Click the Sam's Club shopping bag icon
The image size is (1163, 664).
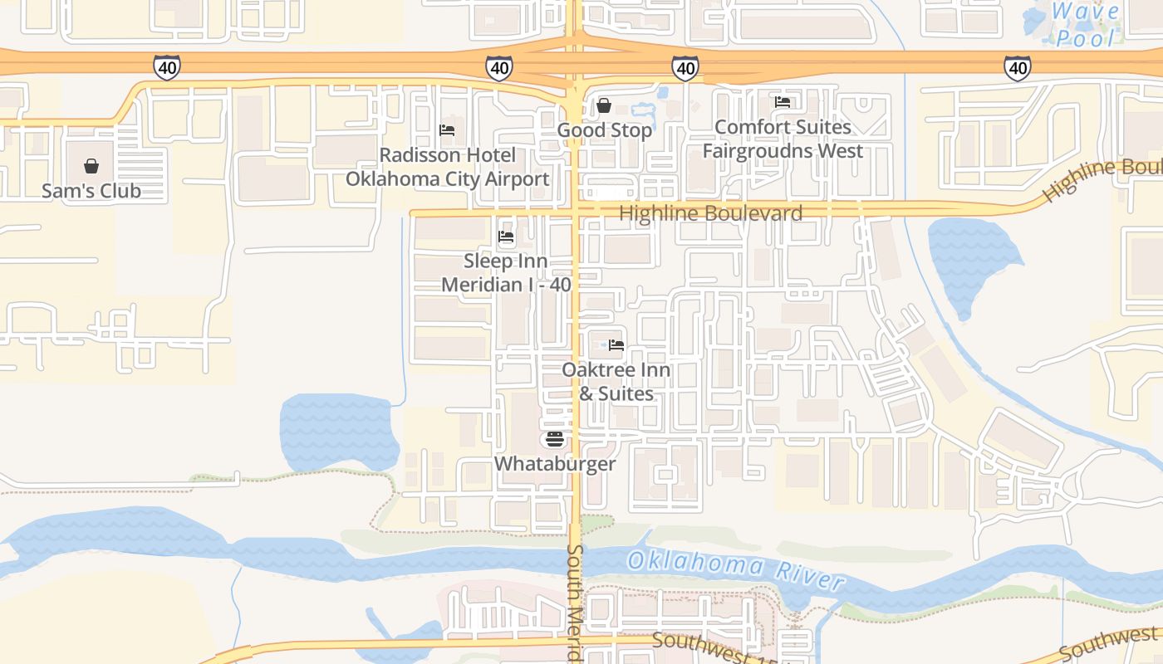tap(91, 167)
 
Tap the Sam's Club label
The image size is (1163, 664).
tap(91, 191)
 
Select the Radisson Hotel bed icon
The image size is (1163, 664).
tap(447, 130)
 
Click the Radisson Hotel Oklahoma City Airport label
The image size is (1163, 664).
tap(447, 167)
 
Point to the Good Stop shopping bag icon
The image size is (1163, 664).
tap(604, 106)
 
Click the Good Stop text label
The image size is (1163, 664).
tap(604, 130)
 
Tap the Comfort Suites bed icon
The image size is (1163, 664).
tap(783, 102)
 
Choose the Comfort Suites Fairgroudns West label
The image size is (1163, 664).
tap(783, 139)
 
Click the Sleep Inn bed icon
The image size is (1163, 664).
tap(506, 237)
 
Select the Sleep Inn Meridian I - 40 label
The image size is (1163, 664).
tap(506, 273)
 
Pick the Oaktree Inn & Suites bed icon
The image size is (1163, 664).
tap(616, 345)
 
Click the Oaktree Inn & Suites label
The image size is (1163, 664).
tap(616, 382)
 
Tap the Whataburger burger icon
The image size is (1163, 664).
tap(555, 439)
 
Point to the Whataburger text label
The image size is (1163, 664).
tap(555, 463)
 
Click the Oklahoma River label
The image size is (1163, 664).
tap(735, 569)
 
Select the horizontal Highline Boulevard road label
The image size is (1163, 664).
tap(711, 213)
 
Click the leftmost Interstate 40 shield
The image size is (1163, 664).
tap(167, 67)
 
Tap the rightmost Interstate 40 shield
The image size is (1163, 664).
tap(1018, 67)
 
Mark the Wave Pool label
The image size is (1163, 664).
tap(1085, 25)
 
